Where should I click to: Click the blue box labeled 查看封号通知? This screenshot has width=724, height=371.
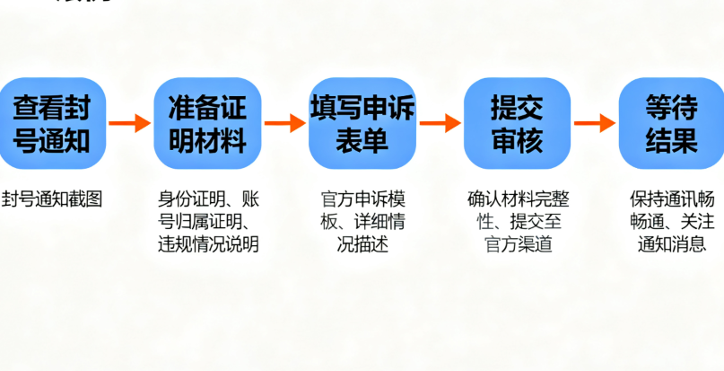[54, 123]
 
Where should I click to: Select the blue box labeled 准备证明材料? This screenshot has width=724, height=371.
[207, 123]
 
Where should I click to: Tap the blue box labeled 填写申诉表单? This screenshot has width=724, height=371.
[362, 123]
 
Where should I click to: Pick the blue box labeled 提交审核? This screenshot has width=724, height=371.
[517, 123]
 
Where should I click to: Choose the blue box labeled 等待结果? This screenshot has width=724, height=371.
[671, 123]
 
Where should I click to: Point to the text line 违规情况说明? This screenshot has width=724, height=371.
[207, 244]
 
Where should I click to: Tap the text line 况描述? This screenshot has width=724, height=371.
[362, 244]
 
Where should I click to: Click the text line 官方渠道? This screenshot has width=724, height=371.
[517, 244]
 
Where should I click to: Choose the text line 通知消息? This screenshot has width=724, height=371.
[671, 244]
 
